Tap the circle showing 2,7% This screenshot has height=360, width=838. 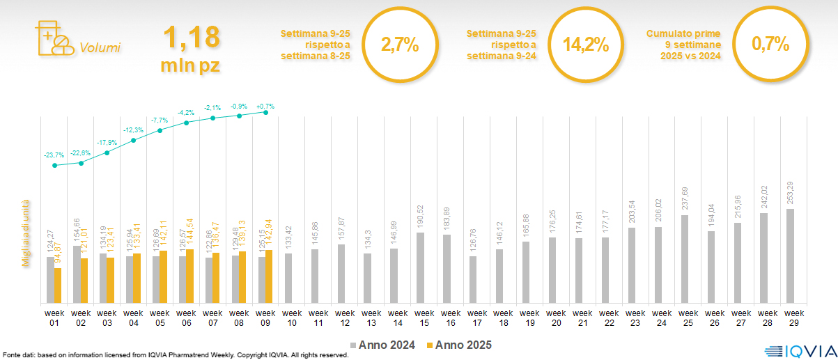click(x=399, y=45)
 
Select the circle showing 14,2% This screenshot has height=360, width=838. click(x=585, y=45)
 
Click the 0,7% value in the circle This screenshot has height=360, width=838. click(x=770, y=45)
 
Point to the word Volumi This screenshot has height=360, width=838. click(x=100, y=48)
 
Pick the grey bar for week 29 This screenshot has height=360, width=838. click(x=789, y=256)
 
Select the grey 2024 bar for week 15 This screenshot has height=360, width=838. click(x=419, y=267)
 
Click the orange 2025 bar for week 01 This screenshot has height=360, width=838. click(x=58, y=285)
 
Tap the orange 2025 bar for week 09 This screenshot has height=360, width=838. click(x=269, y=276)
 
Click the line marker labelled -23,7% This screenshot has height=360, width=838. click(x=55, y=166)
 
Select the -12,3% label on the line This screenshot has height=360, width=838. click(x=134, y=130)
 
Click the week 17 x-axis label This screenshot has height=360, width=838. click(x=477, y=318)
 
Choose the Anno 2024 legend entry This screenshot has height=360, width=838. click(x=384, y=345)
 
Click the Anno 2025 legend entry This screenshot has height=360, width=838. click(x=459, y=345)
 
